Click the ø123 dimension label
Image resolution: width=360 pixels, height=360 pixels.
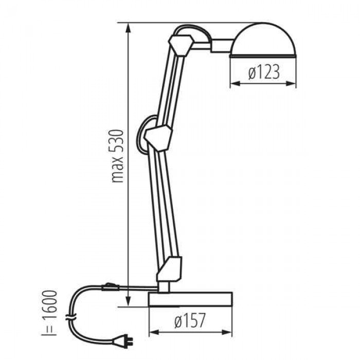264,72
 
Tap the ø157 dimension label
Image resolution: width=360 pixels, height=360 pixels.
190,320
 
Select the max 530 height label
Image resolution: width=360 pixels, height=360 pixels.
117,156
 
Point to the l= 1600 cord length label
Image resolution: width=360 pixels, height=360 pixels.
49,313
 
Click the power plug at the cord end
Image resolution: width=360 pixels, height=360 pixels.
123,341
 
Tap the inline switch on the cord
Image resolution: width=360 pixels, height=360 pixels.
111,286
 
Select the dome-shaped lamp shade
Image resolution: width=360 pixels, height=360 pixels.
263,40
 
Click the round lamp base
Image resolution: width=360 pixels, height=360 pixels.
190,299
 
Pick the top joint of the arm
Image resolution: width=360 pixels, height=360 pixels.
181,45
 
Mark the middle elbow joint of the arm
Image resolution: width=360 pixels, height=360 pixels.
158,137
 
